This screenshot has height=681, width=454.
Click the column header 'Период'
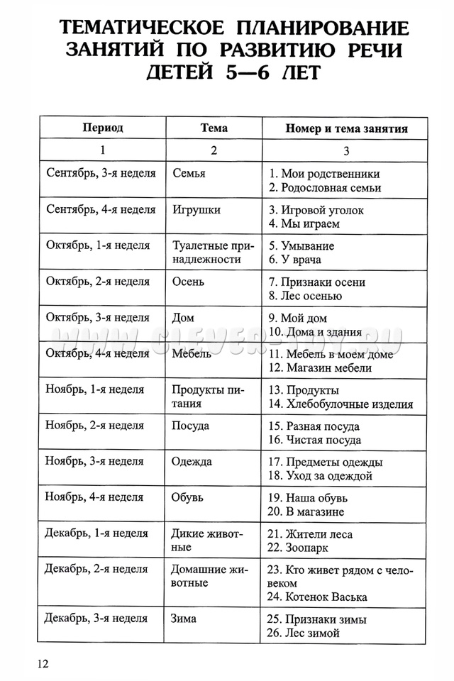pyautogui.click(x=103, y=128)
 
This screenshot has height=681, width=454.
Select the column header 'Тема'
pyautogui.click(x=214, y=128)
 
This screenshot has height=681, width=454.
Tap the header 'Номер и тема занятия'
pyautogui.click(x=346, y=129)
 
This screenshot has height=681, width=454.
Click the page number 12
pyautogui.click(x=43, y=663)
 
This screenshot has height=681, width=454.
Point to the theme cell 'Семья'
pyautogui.click(x=189, y=173)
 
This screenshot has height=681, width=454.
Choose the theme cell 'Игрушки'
pyautogui.click(x=196, y=209)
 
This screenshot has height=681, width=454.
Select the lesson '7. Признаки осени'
pyautogui.click(x=317, y=282)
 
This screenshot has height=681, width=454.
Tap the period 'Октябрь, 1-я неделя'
pyautogui.click(x=98, y=245)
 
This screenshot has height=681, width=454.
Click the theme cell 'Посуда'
pyautogui.click(x=191, y=426)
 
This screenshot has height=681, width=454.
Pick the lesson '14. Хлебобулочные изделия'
pyautogui.click(x=340, y=404)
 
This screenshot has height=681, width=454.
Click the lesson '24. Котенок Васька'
pyautogui.click(x=317, y=597)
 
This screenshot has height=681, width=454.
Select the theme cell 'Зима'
pyautogui.click(x=184, y=618)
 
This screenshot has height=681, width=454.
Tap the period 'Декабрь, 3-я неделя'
pyautogui.click(x=96, y=618)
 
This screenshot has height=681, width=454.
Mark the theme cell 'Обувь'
pyautogui.click(x=188, y=497)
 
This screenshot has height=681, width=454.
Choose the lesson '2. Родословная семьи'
pyautogui.click(x=325, y=188)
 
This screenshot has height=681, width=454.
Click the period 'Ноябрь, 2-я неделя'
pyautogui.click(x=95, y=426)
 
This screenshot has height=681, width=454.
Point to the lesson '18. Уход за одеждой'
pyautogui.click(x=320, y=476)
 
